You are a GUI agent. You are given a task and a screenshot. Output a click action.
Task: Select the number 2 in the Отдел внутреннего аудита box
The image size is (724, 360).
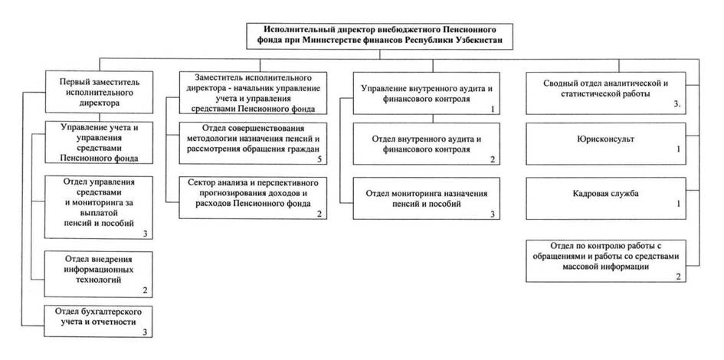pos(493,160)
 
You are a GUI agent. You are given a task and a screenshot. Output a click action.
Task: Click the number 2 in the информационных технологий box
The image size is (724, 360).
pos(144,290)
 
